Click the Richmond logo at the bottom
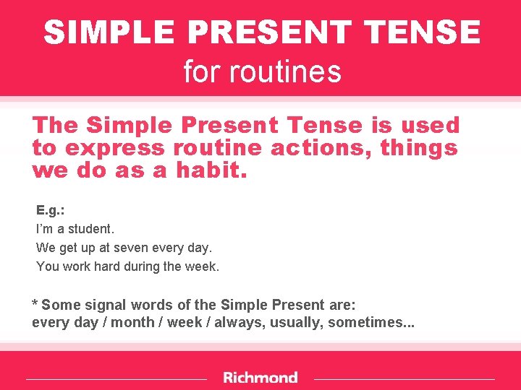260,378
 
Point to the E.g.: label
51,210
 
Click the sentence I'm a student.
75,229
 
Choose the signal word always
240,323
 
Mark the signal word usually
297,323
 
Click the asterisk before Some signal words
35,303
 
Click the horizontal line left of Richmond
116,378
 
